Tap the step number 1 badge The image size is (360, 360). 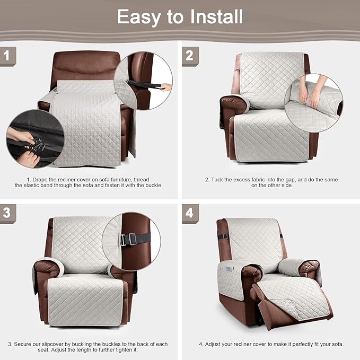click(6, 55)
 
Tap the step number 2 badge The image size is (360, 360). click(189, 55)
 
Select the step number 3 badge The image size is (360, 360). click(6, 213)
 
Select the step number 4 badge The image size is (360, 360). click(189, 213)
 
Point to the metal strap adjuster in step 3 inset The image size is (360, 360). click(126, 240)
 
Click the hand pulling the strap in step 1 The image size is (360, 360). click(166, 86)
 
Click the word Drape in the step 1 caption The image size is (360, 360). click(43, 180)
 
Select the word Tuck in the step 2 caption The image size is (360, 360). click(218, 180)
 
